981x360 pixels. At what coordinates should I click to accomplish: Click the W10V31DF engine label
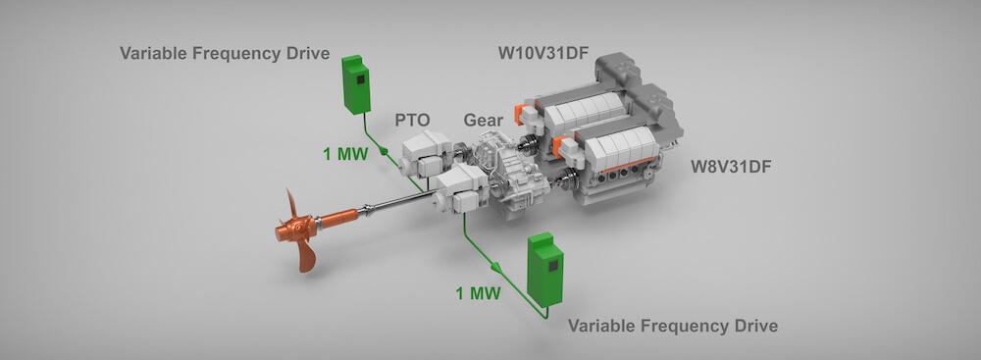[x=543, y=53]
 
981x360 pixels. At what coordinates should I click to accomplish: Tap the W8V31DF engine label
[x=732, y=167]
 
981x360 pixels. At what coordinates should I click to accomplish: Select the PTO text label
[x=412, y=120]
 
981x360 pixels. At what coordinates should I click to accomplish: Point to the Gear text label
[x=483, y=120]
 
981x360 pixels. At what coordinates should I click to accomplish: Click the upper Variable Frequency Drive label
[x=225, y=53]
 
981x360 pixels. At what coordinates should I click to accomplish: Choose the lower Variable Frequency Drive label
[x=673, y=327]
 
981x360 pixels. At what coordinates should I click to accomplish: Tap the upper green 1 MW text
[x=346, y=153]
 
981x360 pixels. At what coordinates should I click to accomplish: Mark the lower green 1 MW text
[x=478, y=293]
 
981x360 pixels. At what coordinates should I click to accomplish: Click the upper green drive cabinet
[x=356, y=84]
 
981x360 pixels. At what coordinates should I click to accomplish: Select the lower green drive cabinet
[x=544, y=270]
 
